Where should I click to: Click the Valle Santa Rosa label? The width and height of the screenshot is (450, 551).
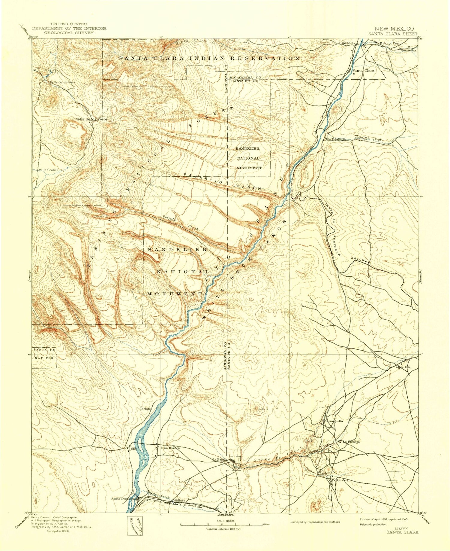63,82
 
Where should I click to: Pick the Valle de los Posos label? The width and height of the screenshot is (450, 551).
91,119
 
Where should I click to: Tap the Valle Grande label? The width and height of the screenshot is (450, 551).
49,170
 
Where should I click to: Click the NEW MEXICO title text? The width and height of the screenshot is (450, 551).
394,29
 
